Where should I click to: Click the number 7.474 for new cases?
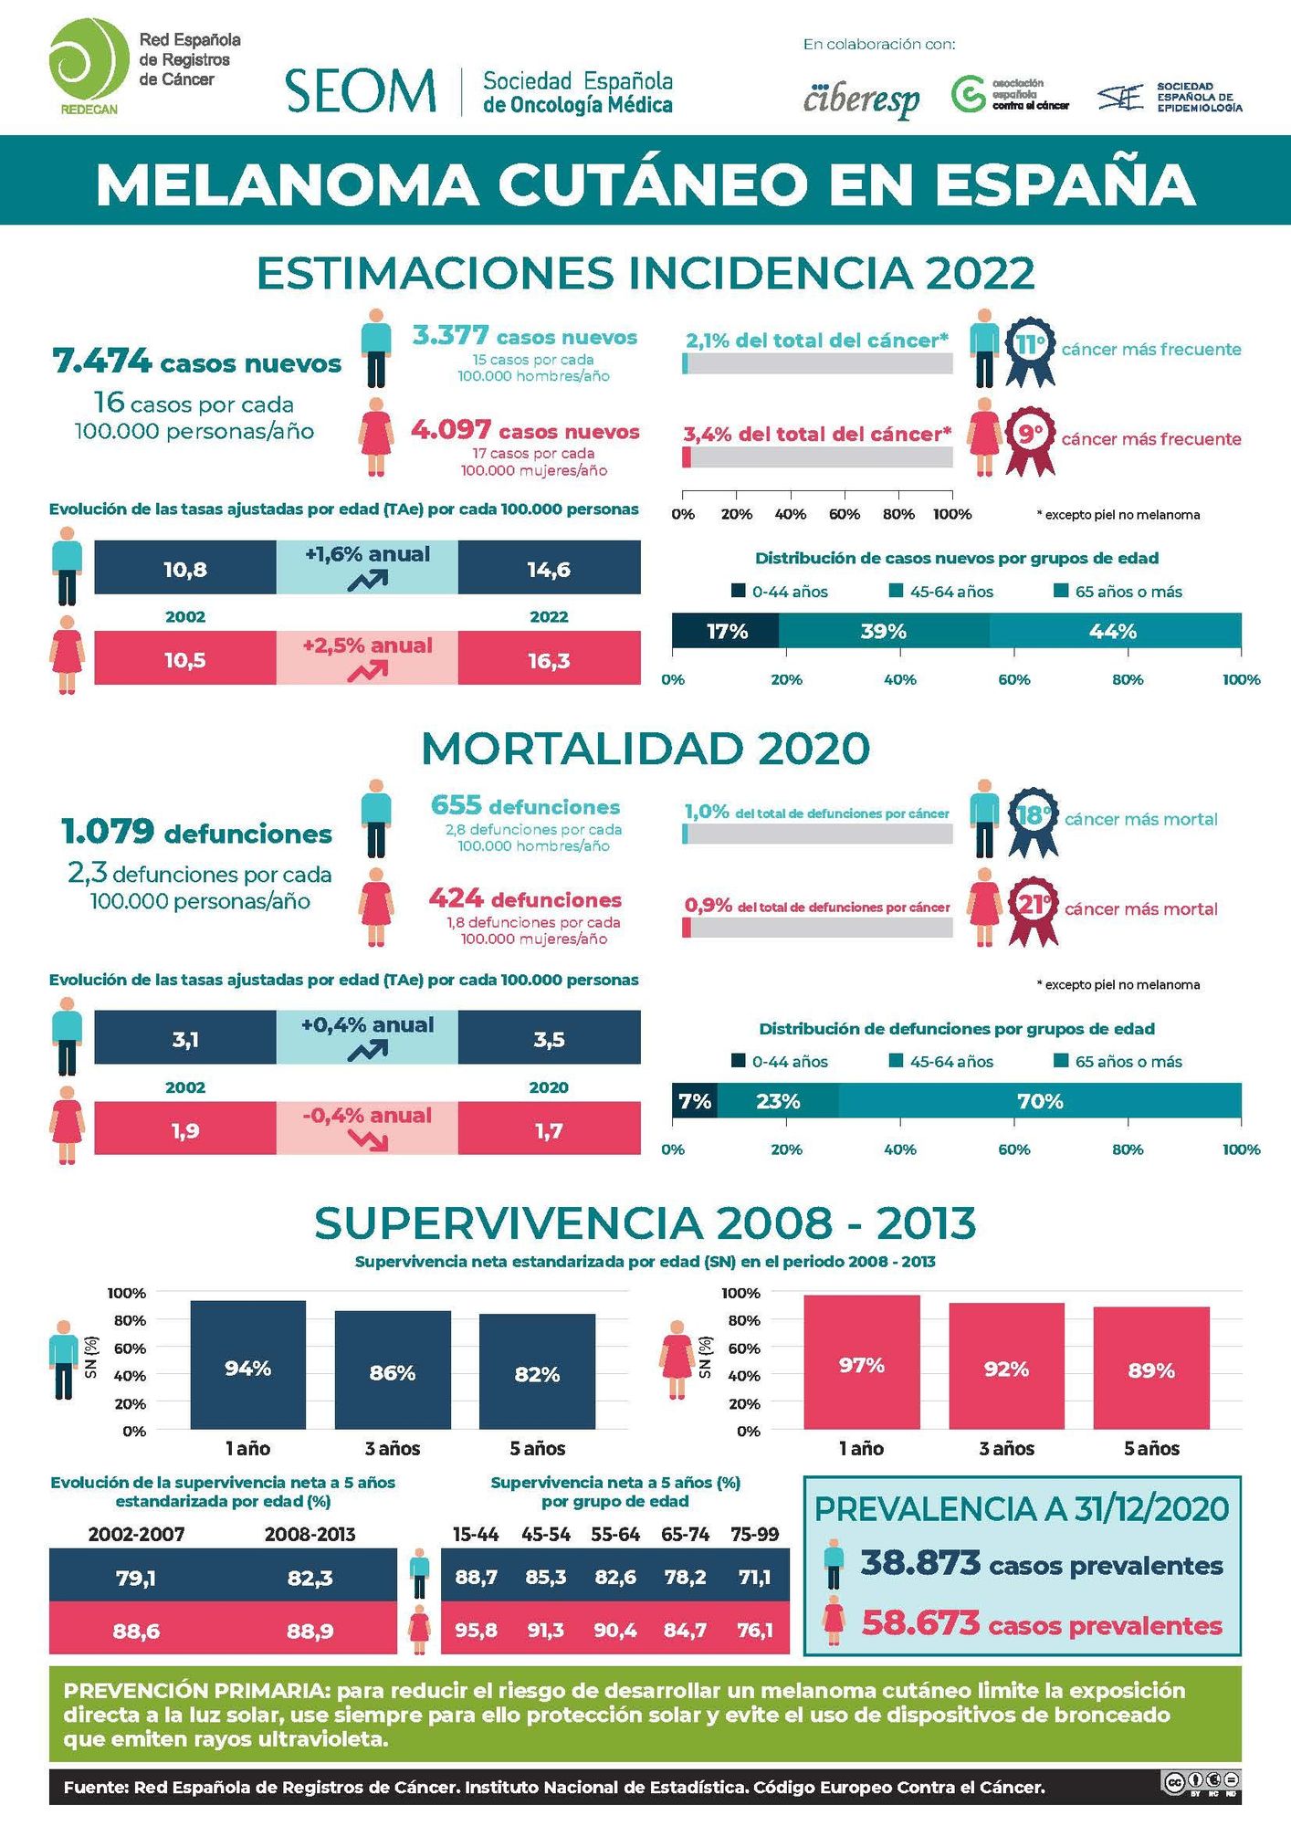(x=102, y=362)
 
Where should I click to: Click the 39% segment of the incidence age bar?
(x=883, y=632)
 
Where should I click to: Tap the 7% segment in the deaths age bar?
(x=695, y=1101)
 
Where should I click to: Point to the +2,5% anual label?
(x=367, y=645)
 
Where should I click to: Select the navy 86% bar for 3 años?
(x=393, y=1370)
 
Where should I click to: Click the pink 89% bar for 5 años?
(x=1151, y=1369)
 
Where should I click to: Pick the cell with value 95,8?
(x=476, y=1630)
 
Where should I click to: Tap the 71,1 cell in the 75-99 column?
(x=754, y=1577)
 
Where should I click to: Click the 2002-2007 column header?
(x=136, y=1535)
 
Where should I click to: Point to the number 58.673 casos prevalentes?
(x=920, y=1623)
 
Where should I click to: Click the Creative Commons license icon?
(x=1201, y=1782)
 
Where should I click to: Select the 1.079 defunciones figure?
(x=108, y=832)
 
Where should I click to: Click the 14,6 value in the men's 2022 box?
(x=549, y=570)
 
